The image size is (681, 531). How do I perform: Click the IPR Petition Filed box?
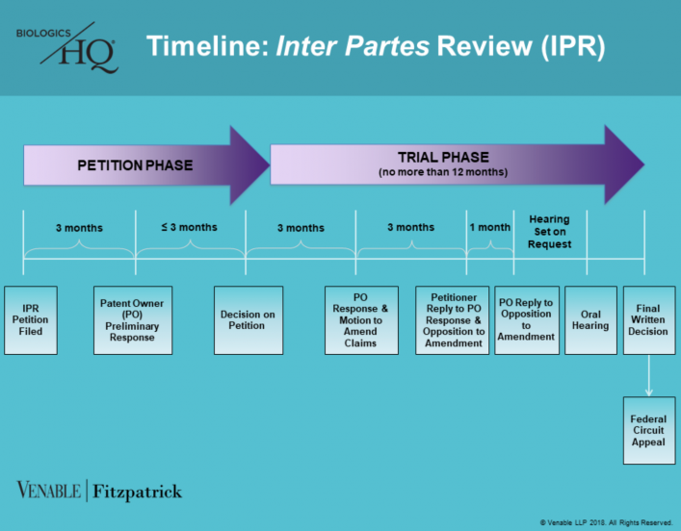pyautogui.click(x=33, y=320)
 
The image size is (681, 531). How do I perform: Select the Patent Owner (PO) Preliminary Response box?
pyautogui.click(x=132, y=320)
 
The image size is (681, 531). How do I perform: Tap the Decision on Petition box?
pyautogui.click(x=249, y=320)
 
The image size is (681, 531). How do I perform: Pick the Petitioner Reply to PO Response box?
pyautogui.click(x=453, y=320)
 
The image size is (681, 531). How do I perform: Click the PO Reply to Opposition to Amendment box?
pyautogui.click(x=526, y=320)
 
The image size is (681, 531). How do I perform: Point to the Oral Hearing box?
pyautogui.click(x=589, y=320)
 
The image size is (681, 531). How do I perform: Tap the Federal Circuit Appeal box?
pyautogui.click(x=648, y=430)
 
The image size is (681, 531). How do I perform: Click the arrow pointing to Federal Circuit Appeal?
pyautogui.click(x=648, y=375)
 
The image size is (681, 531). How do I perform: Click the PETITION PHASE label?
pyautogui.click(x=135, y=165)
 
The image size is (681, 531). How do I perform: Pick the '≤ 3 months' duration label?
pyautogui.click(x=189, y=228)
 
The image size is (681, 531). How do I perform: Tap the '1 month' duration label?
pyautogui.click(x=489, y=228)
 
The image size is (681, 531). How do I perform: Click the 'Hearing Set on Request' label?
pyautogui.click(x=549, y=232)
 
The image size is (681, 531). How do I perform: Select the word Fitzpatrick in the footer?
pyautogui.click(x=136, y=492)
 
